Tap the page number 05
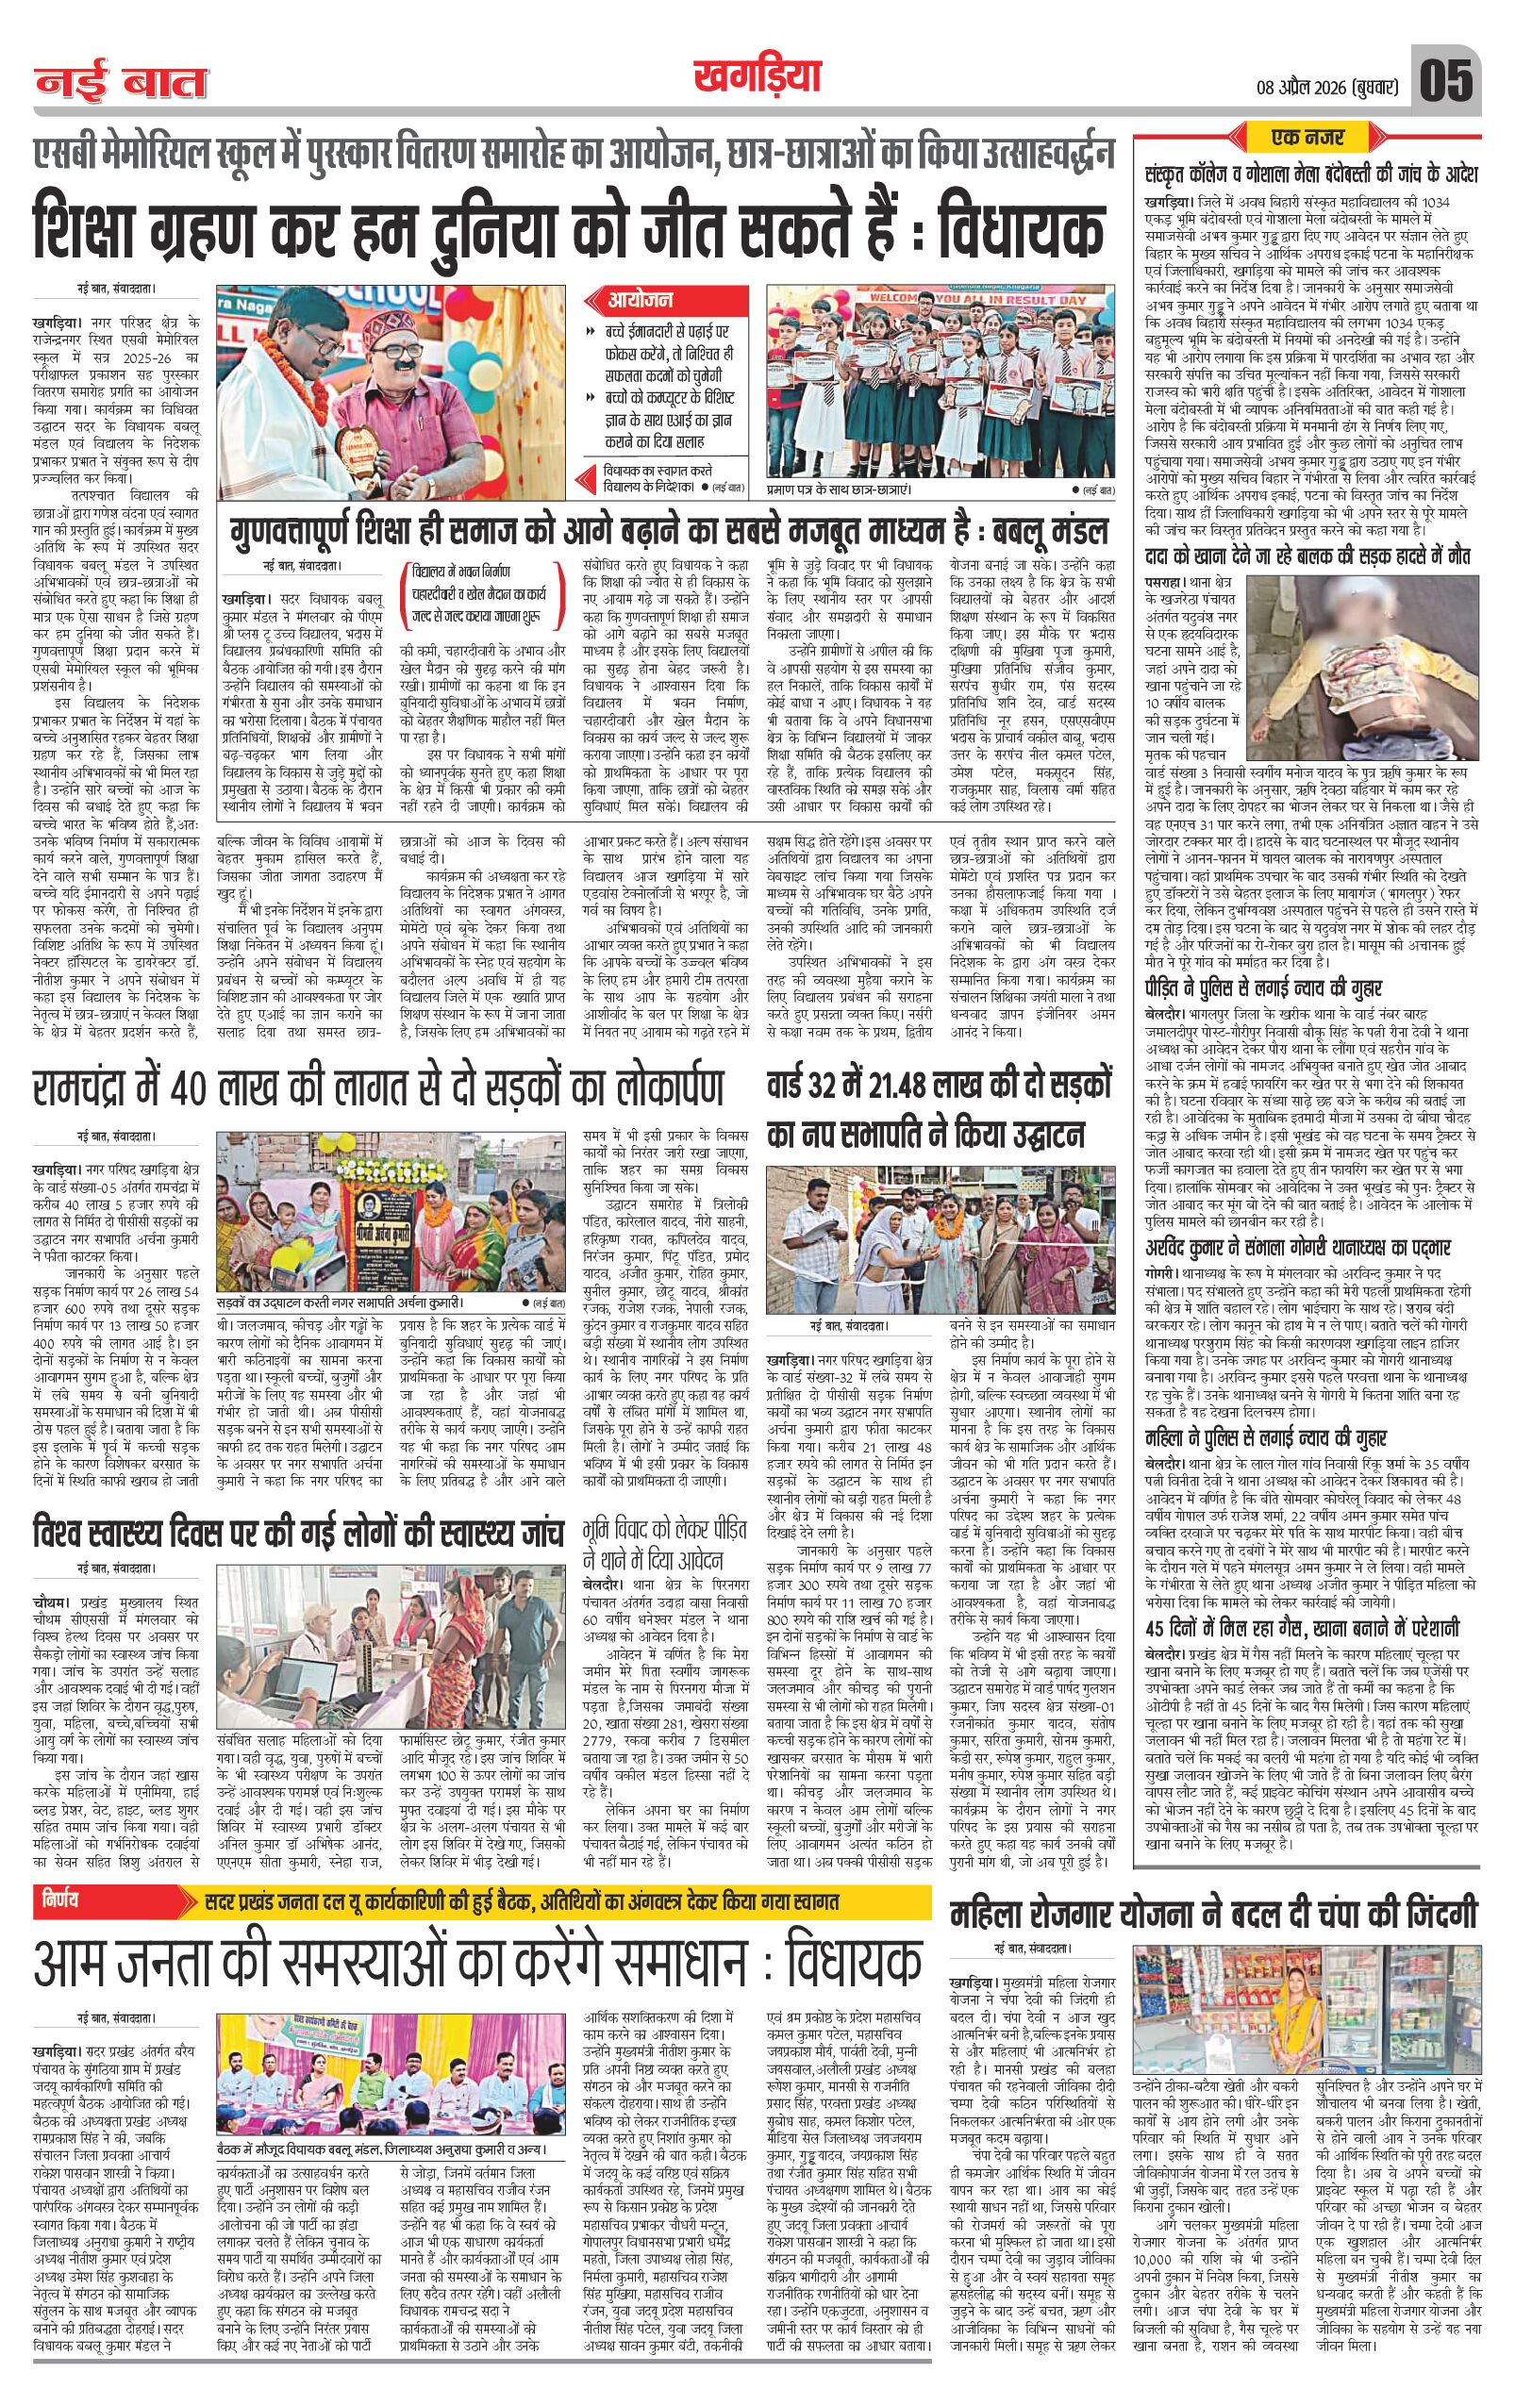[1446, 81]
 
